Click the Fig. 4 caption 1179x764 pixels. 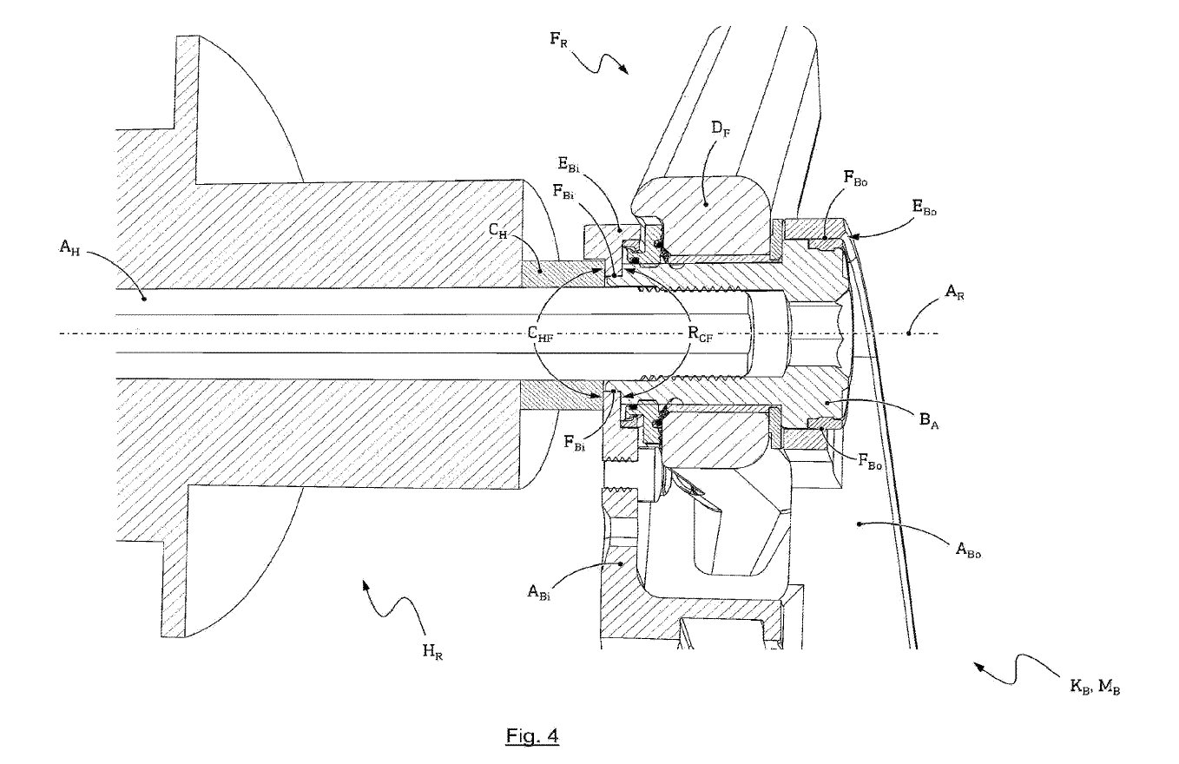532,737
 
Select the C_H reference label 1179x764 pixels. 497,231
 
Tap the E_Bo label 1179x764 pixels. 925,209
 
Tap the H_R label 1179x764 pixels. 432,651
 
